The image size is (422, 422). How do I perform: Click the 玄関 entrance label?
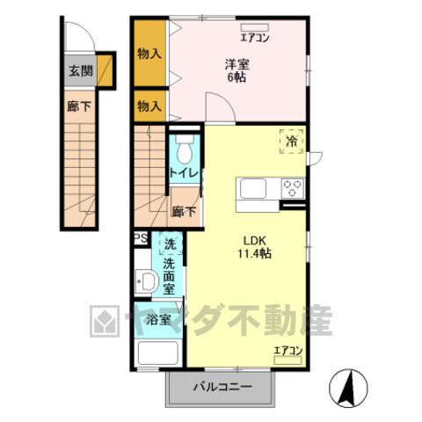coord(81,70)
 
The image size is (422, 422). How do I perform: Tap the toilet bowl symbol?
coord(185,149)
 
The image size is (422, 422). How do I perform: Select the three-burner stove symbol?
coord(292,188)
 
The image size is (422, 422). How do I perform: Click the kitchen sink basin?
coord(253,189)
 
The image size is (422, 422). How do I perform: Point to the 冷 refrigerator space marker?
coord(291,142)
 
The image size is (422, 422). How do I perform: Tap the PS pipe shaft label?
coord(141,238)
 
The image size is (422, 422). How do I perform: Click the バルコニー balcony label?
coord(222,387)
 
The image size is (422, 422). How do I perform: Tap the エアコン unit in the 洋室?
coord(254,27)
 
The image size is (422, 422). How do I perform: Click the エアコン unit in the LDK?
coord(287,360)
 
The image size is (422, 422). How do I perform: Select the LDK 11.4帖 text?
coord(254,247)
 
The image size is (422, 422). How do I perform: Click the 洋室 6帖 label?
coord(236,70)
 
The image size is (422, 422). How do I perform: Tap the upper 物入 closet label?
coord(149,54)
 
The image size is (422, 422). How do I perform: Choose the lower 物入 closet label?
coord(149,105)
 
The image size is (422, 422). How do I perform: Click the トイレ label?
coord(184,173)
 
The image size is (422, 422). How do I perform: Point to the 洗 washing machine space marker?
coord(170,244)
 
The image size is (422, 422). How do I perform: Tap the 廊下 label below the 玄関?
coord(79,106)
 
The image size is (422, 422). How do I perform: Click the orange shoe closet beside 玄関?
coord(105,70)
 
